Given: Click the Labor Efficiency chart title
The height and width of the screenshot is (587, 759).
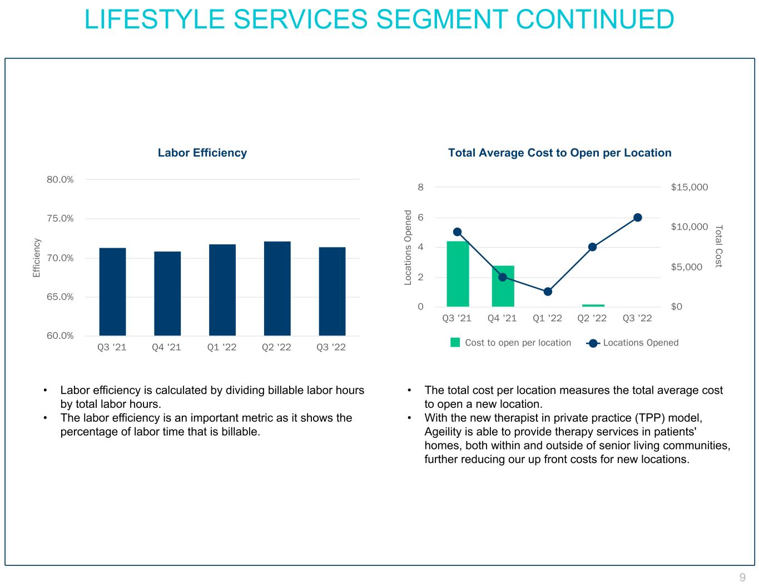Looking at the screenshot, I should pyautogui.click(x=202, y=153).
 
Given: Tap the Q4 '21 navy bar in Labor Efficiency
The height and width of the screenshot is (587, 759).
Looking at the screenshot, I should pyautogui.click(x=167, y=293).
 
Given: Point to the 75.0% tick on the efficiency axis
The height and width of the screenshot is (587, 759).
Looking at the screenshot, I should pyautogui.click(x=60, y=219).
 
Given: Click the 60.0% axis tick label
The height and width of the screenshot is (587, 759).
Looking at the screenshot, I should pyautogui.click(x=60, y=336).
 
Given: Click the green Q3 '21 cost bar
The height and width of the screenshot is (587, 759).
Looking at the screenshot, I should pyautogui.click(x=458, y=274).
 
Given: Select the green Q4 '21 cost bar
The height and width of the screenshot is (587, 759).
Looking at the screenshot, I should pyautogui.click(x=503, y=286).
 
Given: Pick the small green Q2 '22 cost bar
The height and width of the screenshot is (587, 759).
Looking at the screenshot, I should pyautogui.click(x=593, y=305).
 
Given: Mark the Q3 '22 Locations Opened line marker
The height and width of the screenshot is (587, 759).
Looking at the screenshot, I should pyautogui.click(x=638, y=218).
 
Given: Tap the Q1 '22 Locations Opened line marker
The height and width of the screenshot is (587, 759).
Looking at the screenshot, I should pyautogui.click(x=548, y=292).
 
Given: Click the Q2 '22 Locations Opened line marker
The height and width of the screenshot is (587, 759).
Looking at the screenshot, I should pyautogui.click(x=593, y=247).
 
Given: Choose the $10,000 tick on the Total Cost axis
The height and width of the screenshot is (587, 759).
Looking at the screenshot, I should pyautogui.click(x=689, y=227).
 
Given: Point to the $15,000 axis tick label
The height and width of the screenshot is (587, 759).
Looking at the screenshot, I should pyautogui.click(x=689, y=188).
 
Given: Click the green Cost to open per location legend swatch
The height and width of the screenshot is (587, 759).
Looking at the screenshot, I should pyautogui.click(x=455, y=343).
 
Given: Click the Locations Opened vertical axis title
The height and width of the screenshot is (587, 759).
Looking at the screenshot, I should pyautogui.click(x=408, y=248).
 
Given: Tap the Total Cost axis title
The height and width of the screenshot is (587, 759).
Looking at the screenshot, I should pyautogui.click(x=718, y=246).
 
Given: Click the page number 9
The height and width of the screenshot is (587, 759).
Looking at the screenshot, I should pyautogui.click(x=742, y=577).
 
